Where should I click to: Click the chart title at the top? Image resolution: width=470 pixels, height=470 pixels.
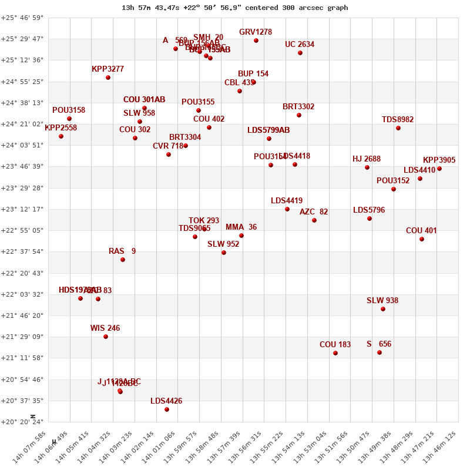(x=234, y=8)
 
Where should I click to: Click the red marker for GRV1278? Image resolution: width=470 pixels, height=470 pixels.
(x=256, y=41)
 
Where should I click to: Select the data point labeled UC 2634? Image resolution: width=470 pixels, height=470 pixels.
(x=300, y=53)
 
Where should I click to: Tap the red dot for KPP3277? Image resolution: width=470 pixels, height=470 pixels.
(x=108, y=78)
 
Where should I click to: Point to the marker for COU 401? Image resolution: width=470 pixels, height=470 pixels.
(x=422, y=239)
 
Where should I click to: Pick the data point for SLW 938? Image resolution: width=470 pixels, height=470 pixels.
(x=383, y=309)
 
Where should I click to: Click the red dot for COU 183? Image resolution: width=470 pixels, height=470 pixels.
(x=335, y=353)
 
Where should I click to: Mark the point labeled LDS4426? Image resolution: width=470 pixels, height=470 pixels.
(x=167, y=409)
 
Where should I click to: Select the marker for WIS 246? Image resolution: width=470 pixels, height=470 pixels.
(x=106, y=337)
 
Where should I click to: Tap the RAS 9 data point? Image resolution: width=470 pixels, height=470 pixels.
(x=123, y=260)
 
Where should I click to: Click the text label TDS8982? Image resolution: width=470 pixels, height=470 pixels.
(x=398, y=119)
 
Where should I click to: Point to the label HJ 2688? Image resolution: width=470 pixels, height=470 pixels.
(x=367, y=159)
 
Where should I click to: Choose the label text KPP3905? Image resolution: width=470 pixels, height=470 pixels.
(x=439, y=160)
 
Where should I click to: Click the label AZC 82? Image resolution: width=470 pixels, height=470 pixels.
(x=314, y=211)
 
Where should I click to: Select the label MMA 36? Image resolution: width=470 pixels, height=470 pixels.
(x=241, y=227)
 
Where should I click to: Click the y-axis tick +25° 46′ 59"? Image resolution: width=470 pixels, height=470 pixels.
(x=22, y=18)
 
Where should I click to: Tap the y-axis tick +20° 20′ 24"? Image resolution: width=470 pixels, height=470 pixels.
(x=22, y=422)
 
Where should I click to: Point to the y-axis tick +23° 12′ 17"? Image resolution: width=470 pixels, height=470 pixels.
(x=22, y=209)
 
